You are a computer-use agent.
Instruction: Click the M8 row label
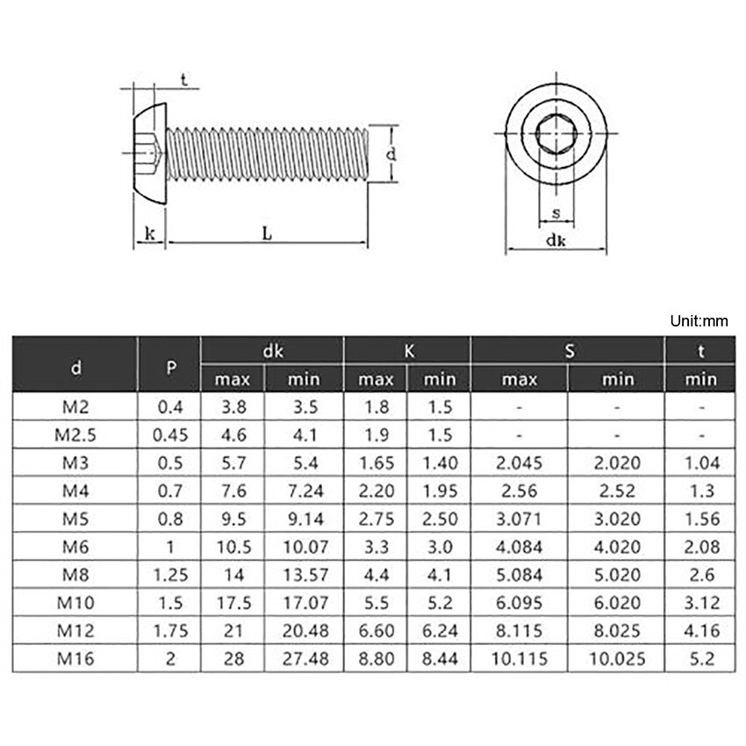click(x=75, y=574)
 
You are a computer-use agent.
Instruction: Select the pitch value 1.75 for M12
click(x=169, y=630)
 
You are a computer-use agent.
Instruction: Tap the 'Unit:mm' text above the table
click(x=699, y=321)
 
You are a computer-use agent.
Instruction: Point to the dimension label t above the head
click(x=183, y=80)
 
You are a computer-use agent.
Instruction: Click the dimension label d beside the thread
click(x=392, y=154)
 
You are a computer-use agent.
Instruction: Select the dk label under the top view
click(x=555, y=240)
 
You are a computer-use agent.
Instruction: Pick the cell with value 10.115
click(x=520, y=658)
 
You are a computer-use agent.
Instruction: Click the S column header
click(x=569, y=351)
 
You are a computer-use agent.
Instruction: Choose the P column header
click(x=169, y=365)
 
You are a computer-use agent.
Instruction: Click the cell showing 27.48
click(x=305, y=658)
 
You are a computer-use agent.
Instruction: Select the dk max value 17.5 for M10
click(x=233, y=602)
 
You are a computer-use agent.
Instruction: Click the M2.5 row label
click(x=75, y=434)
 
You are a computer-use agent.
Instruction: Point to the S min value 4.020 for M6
click(x=616, y=546)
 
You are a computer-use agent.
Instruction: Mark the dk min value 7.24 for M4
click(x=305, y=491)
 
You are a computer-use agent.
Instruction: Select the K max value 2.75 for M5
click(x=376, y=519)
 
